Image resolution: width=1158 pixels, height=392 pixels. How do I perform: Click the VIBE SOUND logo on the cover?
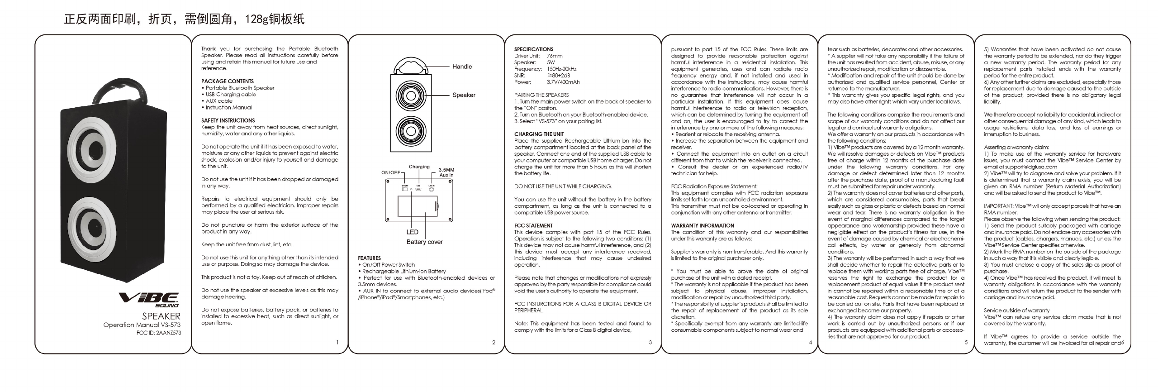(x=149, y=300)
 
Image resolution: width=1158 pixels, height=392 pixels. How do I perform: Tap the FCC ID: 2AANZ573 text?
(x=159, y=333)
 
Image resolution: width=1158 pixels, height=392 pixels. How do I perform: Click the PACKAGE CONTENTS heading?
(x=228, y=81)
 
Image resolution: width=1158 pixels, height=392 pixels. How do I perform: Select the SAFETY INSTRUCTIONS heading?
(x=228, y=120)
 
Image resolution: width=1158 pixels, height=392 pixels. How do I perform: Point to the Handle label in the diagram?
(x=462, y=67)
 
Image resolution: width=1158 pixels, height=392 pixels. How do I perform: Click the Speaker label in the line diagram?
(x=464, y=95)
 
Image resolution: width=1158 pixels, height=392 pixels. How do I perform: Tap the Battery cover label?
(x=424, y=242)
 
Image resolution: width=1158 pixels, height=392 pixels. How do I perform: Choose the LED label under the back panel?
(x=412, y=232)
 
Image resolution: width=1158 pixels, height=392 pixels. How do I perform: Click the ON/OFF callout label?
(x=391, y=172)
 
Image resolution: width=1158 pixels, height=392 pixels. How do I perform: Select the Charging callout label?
(x=419, y=167)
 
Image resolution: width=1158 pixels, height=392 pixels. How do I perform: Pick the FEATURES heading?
(x=369, y=258)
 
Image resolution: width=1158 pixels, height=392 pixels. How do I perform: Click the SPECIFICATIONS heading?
(x=534, y=49)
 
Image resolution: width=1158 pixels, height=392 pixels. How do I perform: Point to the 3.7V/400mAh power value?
(x=563, y=82)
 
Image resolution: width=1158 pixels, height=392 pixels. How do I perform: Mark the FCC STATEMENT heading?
(x=533, y=225)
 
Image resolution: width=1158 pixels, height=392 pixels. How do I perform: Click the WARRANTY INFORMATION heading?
(x=702, y=225)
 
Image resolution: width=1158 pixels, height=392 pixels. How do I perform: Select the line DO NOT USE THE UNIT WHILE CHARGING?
(x=563, y=186)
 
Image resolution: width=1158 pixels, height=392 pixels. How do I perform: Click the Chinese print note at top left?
(x=184, y=19)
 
